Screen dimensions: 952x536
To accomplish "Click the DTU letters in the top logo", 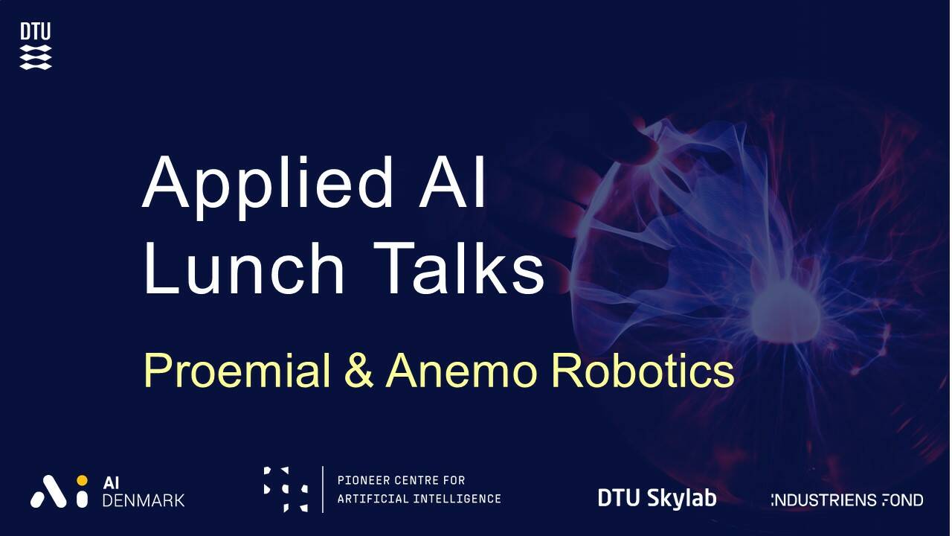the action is click(x=35, y=31).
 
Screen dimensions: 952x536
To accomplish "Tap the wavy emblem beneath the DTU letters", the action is click(x=36, y=57).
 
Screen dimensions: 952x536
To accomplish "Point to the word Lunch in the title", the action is click(x=244, y=269).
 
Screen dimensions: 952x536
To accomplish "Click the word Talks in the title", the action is click(x=459, y=267).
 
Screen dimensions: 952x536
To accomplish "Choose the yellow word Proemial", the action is click(x=237, y=370).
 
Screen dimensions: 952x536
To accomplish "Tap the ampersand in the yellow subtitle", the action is click(x=359, y=370).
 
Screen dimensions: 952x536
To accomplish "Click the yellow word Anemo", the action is click(x=461, y=370).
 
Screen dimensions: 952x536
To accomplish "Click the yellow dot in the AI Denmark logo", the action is click(x=82, y=480).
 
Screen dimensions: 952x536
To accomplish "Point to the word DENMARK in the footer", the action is click(x=144, y=501).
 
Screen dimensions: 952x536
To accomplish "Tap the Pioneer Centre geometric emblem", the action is click(x=286, y=489).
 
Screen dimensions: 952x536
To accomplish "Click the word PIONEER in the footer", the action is click(x=364, y=480).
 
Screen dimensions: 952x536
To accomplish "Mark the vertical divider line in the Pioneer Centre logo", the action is click(x=323, y=489).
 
